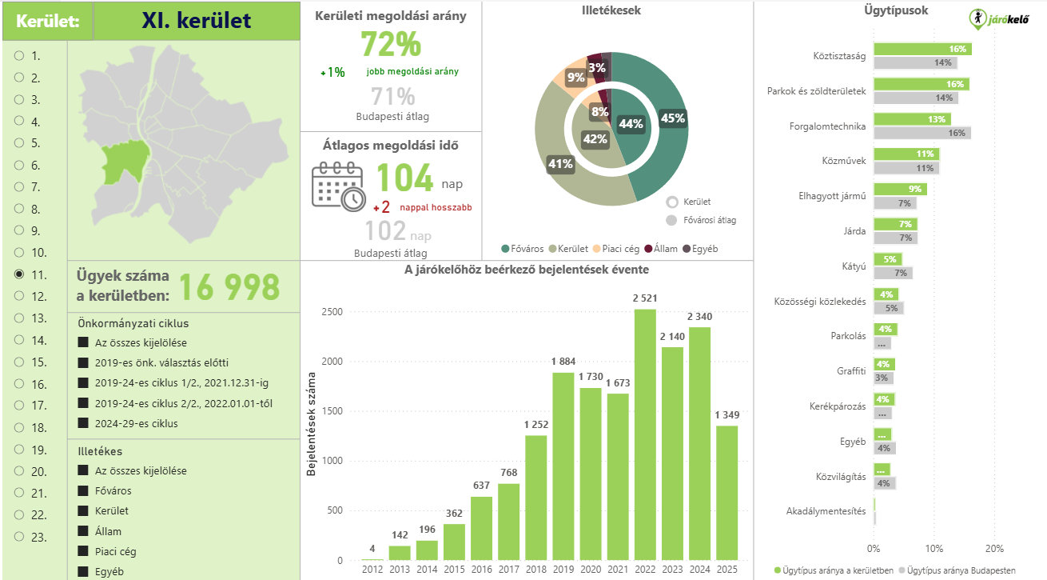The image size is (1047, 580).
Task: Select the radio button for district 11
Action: [x=19, y=274]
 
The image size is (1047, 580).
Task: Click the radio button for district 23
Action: [x=19, y=537]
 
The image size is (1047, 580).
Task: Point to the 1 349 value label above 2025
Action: [x=727, y=414]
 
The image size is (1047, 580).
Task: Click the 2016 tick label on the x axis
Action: [x=482, y=569]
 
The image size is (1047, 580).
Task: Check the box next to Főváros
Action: [x=83, y=490]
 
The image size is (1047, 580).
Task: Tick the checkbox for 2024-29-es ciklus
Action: [x=83, y=423]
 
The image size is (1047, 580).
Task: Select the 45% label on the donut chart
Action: [x=672, y=118]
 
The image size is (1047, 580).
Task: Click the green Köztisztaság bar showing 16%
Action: [x=922, y=49]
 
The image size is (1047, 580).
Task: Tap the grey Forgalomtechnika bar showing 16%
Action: [x=922, y=133]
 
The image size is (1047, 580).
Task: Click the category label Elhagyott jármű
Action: [x=832, y=196]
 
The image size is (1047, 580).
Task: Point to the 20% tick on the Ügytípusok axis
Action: [x=994, y=549]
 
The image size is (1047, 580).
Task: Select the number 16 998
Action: [x=229, y=286]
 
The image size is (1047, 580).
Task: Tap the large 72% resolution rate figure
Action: [x=390, y=44]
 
